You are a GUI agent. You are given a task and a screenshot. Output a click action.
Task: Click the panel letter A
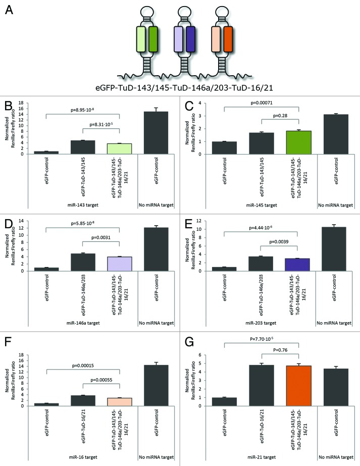[x=9, y=10]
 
